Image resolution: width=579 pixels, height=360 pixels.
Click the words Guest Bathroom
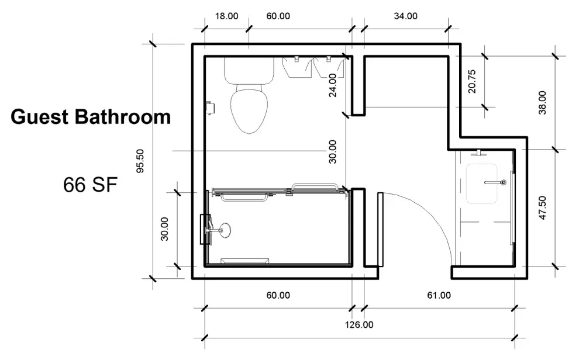[x=91, y=117]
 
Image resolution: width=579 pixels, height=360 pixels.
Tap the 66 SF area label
[x=91, y=185]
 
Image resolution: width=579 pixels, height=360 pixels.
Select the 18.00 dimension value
[x=226, y=16]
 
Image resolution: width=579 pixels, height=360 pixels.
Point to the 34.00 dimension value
[x=405, y=16]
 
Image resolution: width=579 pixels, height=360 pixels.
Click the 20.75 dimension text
[x=472, y=81]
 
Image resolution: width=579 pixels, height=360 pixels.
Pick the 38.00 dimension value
[x=542, y=103]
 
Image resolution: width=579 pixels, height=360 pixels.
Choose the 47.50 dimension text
[x=542, y=208]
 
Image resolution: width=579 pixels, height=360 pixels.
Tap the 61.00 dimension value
[x=439, y=296]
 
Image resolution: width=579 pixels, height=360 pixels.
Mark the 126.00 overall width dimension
[x=359, y=325]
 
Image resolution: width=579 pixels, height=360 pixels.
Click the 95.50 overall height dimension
[x=140, y=161]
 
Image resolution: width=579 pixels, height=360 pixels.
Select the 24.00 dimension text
[x=332, y=85]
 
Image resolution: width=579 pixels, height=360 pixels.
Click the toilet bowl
[x=249, y=109]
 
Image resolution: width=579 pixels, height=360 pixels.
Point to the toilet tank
[x=249, y=71]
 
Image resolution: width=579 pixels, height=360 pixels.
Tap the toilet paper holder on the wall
[x=210, y=108]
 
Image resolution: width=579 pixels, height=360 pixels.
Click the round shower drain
[x=224, y=230]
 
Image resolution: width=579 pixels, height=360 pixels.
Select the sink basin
[x=481, y=184]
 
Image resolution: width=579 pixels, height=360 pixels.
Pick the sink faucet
[x=495, y=182]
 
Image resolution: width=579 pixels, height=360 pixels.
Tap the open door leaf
[x=380, y=229]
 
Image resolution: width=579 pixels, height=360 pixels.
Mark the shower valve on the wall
[x=205, y=229]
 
